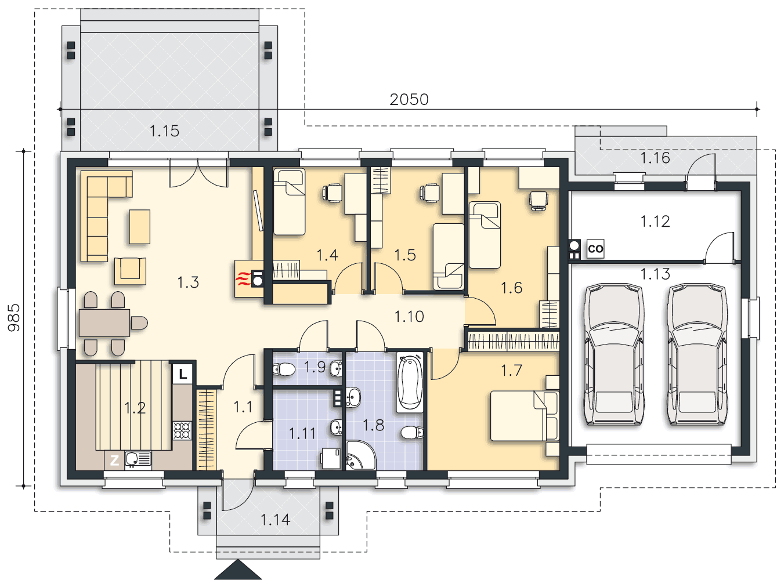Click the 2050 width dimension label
(x=409, y=100)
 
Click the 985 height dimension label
(x=14, y=317)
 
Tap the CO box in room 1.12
(x=595, y=249)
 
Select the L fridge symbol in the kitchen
(x=183, y=374)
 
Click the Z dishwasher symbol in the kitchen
(x=114, y=461)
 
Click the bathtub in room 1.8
(x=410, y=382)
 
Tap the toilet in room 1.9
(x=284, y=370)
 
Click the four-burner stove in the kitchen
(x=182, y=430)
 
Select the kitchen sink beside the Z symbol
(x=138, y=461)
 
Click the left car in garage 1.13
(x=613, y=354)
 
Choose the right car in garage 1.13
(x=697, y=354)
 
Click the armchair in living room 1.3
(x=130, y=271)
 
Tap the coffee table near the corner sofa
(x=139, y=227)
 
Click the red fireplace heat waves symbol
(x=243, y=279)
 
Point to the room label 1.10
(x=409, y=317)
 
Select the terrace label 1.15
(x=164, y=131)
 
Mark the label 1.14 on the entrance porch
(x=276, y=520)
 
